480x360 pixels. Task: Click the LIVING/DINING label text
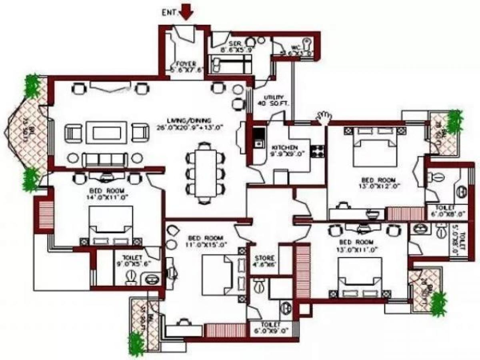coord(195,124)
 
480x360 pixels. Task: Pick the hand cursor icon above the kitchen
coord(324,117)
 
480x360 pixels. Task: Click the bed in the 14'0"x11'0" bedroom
coord(111,224)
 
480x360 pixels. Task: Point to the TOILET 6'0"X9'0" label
coord(272,327)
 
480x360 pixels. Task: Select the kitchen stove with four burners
coord(319,150)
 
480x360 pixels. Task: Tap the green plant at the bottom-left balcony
coord(136,343)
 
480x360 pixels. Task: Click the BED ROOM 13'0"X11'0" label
coord(356,246)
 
